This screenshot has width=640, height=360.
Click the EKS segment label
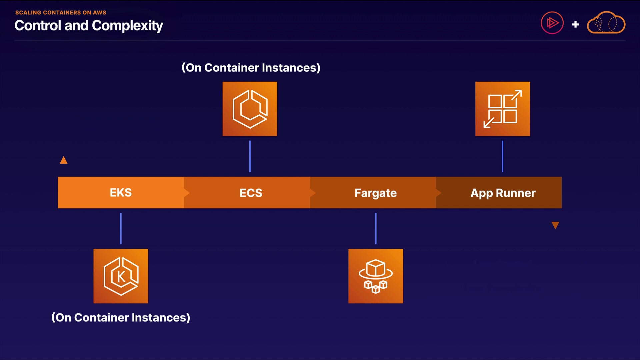pyautogui.click(x=121, y=193)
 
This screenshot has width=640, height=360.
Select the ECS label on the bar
pyautogui.click(x=251, y=193)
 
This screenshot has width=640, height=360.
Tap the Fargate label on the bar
pyautogui.click(x=376, y=193)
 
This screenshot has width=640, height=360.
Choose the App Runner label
pyautogui.click(x=503, y=193)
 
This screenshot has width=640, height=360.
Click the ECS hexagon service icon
pyautogui.click(x=250, y=109)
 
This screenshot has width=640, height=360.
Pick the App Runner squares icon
pyautogui.click(x=502, y=109)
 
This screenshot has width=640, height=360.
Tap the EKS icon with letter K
pyautogui.click(x=121, y=276)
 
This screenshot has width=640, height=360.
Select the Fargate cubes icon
pyautogui.click(x=376, y=276)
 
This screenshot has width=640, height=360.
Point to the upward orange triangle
pyautogui.click(x=64, y=160)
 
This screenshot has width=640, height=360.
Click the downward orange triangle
pyautogui.click(x=555, y=226)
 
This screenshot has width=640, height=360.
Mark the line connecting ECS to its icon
pyautogui.click(x=250, y=156)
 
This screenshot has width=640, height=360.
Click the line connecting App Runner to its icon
pyautogui.click(x=502, y=156)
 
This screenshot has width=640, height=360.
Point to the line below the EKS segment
pyautogui.click(x=121, y=229)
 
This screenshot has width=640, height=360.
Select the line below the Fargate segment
pyautogui.click(x=376, y=229)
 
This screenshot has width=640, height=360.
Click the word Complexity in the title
pyautogui.click(x=127, y=26)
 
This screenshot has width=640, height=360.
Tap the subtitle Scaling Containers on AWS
pyautogui.click(x=61, y=13)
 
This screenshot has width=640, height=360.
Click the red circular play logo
pyautogui.click(x=552, y=23)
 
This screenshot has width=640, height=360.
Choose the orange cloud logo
pyautogui.click(x=606, y=23)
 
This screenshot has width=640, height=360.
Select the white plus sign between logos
pyautogui.click(x=575, y=24)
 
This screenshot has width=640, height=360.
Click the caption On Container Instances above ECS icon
pyautogui.click(x=251, y=68)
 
